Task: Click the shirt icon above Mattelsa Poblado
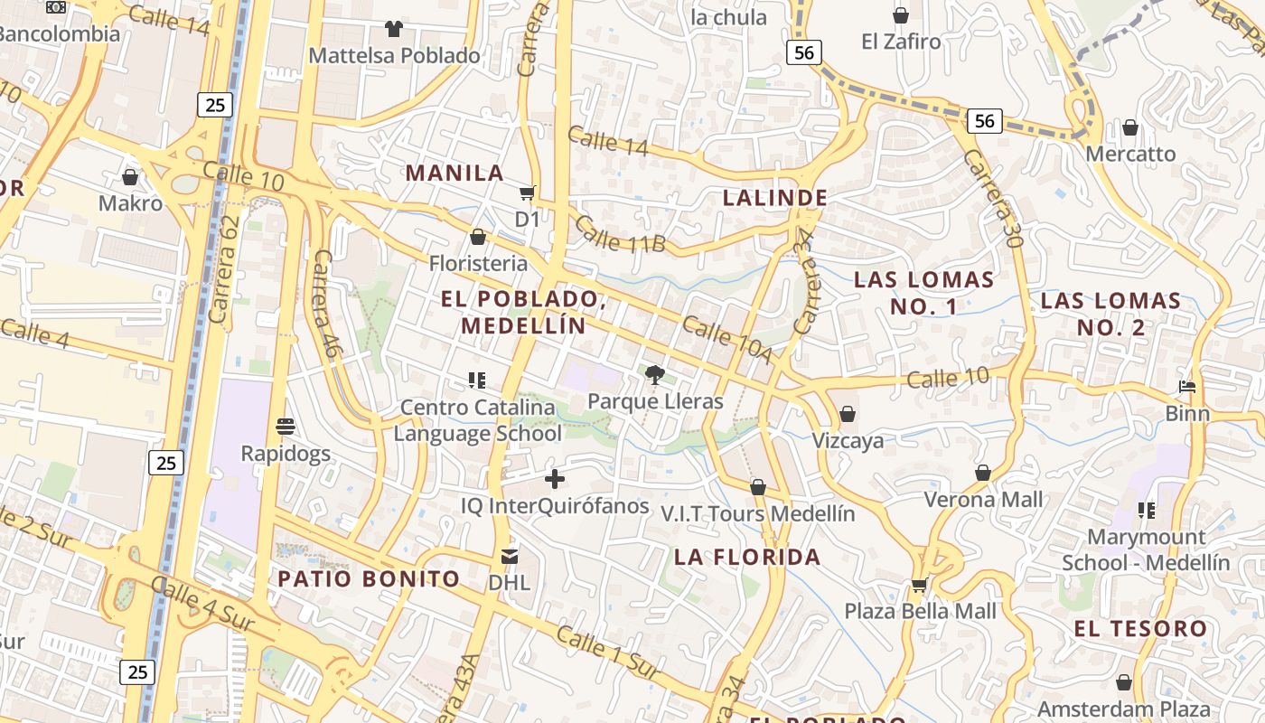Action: click(x=393, y=29)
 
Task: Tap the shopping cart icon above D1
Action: click(x=527, y=192)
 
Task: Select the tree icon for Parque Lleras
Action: click(x=655, y=374)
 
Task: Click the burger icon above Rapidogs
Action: click(x=286, y=427)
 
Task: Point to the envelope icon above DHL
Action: click(x=510, y=556)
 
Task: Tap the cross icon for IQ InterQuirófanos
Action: click(x=555, y=479)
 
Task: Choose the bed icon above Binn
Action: click(x=1187, y=388)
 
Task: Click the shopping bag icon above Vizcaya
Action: click(x=848, y=415)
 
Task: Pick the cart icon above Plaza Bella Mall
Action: click(x=920, y=585)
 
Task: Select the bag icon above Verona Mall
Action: click(x=983, y=473)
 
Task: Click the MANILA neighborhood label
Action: click(x=454, y=173)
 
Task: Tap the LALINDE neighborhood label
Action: click(x=775, y=198)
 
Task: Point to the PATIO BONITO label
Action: click(x=369, y=578)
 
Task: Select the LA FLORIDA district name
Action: click(x=747, y=557)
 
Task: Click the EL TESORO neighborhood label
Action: click(x=1141, y=628)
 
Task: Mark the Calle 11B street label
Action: click(x=620, y=234)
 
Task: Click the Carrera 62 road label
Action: click(x=225, y=268)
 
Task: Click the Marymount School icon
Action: click(x=1147, y=511)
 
